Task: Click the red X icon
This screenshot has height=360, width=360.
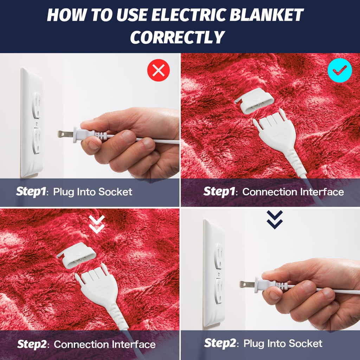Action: coord(159,70)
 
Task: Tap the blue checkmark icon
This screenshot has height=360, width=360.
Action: coord(340,70)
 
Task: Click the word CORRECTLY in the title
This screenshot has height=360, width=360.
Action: coord(178,37)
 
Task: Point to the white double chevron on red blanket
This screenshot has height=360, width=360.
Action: coord(97,224)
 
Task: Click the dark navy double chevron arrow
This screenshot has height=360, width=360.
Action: coord(275,220)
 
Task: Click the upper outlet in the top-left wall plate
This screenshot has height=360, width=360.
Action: coord(36,105)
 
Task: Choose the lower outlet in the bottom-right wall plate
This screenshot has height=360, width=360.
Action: coord(219,290)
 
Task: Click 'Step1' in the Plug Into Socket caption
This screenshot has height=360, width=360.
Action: coord(31,192)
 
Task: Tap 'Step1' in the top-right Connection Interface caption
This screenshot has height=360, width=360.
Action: coord(218,192)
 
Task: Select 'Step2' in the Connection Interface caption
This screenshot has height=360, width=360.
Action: coord(32,344)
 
